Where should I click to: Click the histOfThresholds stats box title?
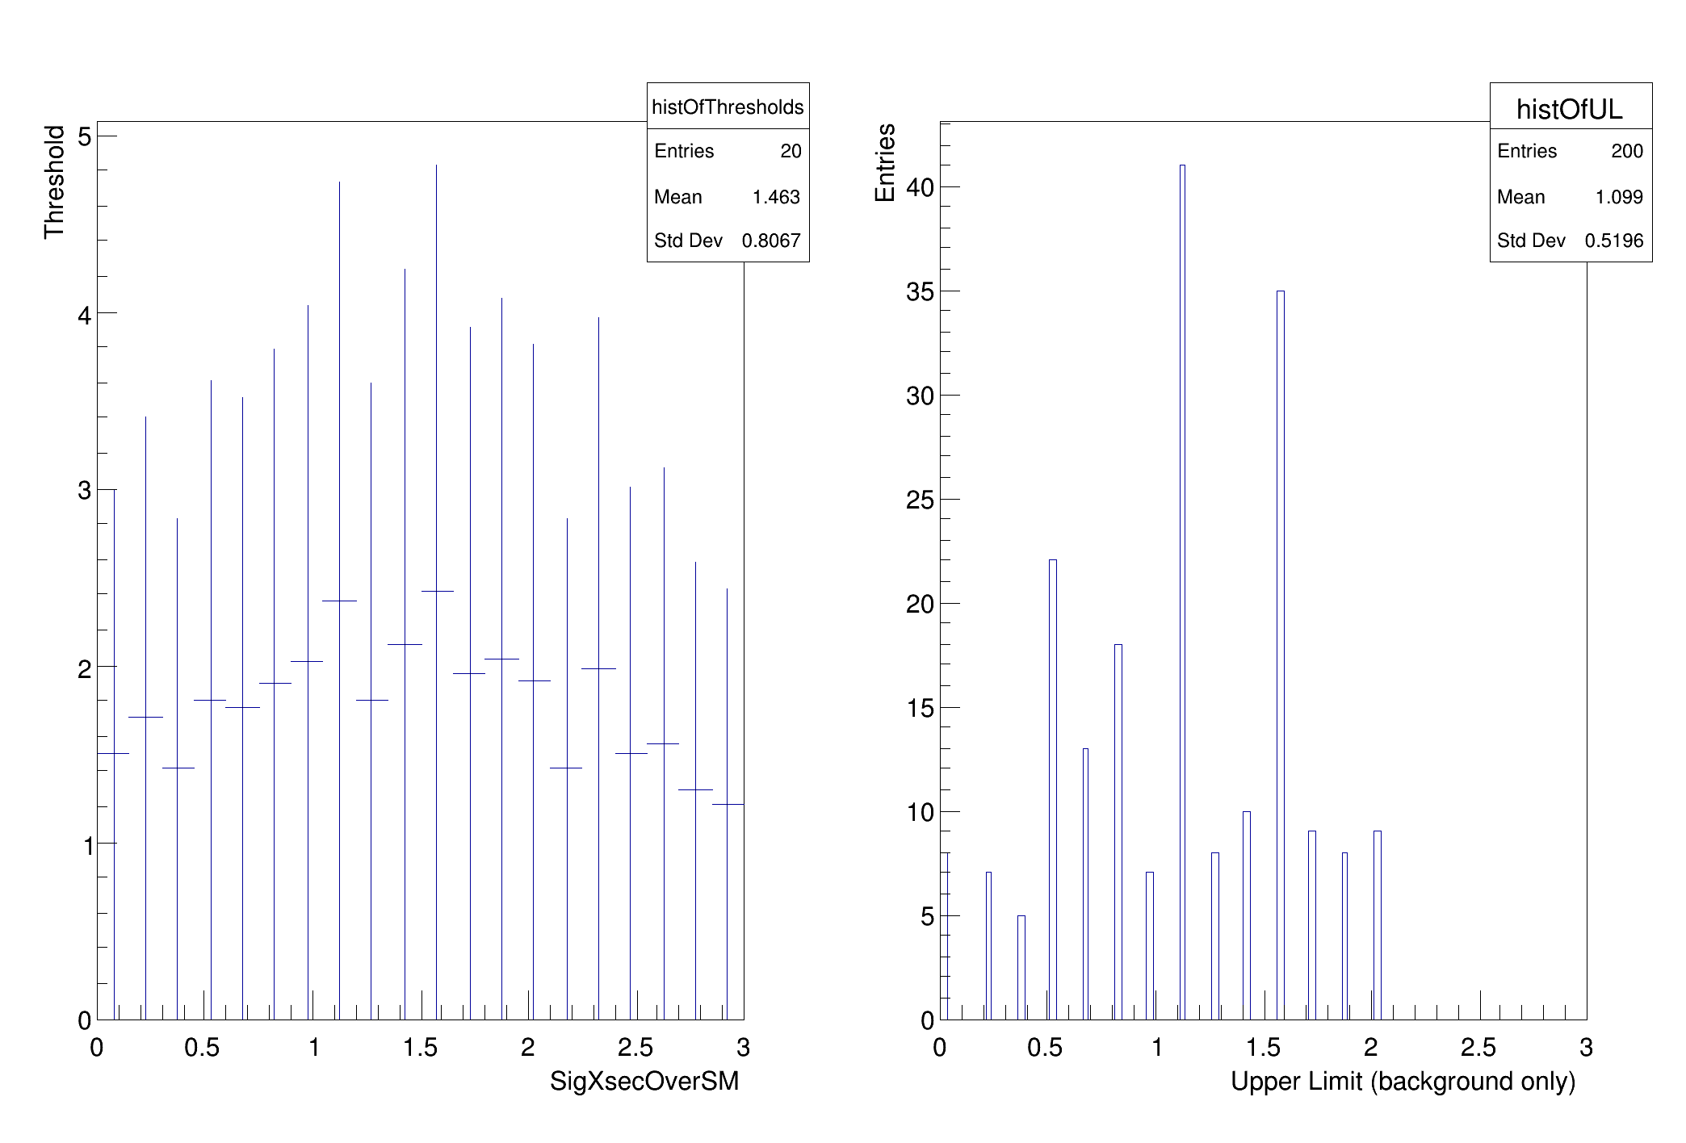click(728, 107)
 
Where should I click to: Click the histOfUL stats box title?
click(1569, 109)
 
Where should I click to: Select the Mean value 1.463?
click(776, 197)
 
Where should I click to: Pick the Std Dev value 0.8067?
click(771, 241)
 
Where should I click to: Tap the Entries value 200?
click(1627, 151)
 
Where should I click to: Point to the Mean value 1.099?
click(1619, 197)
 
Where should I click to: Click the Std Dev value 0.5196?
click(1614, 241)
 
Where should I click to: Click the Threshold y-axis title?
click(54, 182)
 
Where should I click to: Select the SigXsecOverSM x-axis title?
click(644, 1082)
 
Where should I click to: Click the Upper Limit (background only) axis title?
click(1403, 1082)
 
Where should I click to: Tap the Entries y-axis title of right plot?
click(886, 162)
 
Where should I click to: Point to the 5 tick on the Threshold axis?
click(84, 136)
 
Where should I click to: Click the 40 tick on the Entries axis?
click(920, 187)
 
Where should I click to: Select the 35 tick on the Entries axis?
click(920, 291)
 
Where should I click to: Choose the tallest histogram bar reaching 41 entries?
click(1182, 592)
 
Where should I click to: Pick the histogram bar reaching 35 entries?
click(1281, 655)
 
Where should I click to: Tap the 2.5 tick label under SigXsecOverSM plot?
click(635, 1048)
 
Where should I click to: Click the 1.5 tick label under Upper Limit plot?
click(1264, 1048)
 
